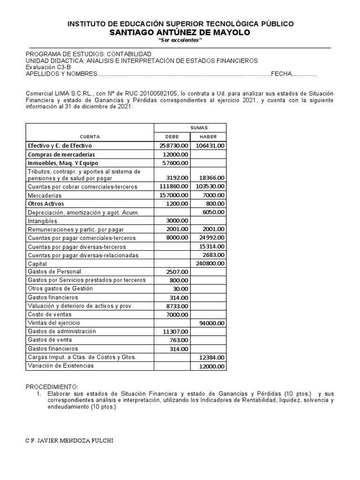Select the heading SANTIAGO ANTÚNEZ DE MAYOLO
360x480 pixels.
[180, 32]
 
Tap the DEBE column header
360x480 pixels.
[172, 136]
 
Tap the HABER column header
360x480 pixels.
[208, 136]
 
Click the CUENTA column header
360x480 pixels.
[90, 136]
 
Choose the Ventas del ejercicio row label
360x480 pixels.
[54, 323]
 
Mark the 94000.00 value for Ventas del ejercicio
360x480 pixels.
[211, 323]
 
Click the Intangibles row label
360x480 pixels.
[43, 221]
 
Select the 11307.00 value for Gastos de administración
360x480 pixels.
[175, 331]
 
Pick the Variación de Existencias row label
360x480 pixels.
[60, 366]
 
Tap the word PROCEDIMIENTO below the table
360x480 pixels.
[52, 387]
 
